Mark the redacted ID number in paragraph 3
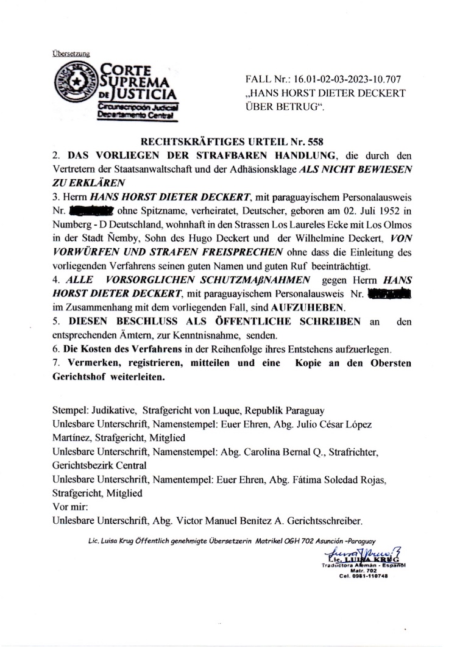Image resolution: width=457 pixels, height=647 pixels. point(93,212)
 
